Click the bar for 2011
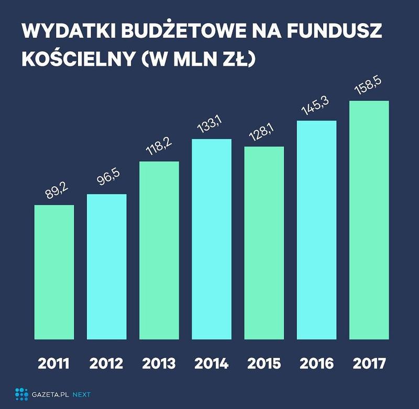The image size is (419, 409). pyautogui.click(x=54, y=272)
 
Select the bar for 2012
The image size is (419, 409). pyautogui.click(x=106, y=267)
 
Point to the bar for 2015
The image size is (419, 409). pyautogui.click(x=263, y=243)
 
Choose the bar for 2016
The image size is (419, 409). pyautogui.click(x=316, y=230)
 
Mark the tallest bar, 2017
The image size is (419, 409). pyautogui.click(x=368, y=220)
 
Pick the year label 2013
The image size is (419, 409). pyautogui.click(x=159, y=362)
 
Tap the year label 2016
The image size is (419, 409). pyautogui.click(x=316, y=362)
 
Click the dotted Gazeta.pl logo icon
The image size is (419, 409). pyautogui.click(x=21, y=393)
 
